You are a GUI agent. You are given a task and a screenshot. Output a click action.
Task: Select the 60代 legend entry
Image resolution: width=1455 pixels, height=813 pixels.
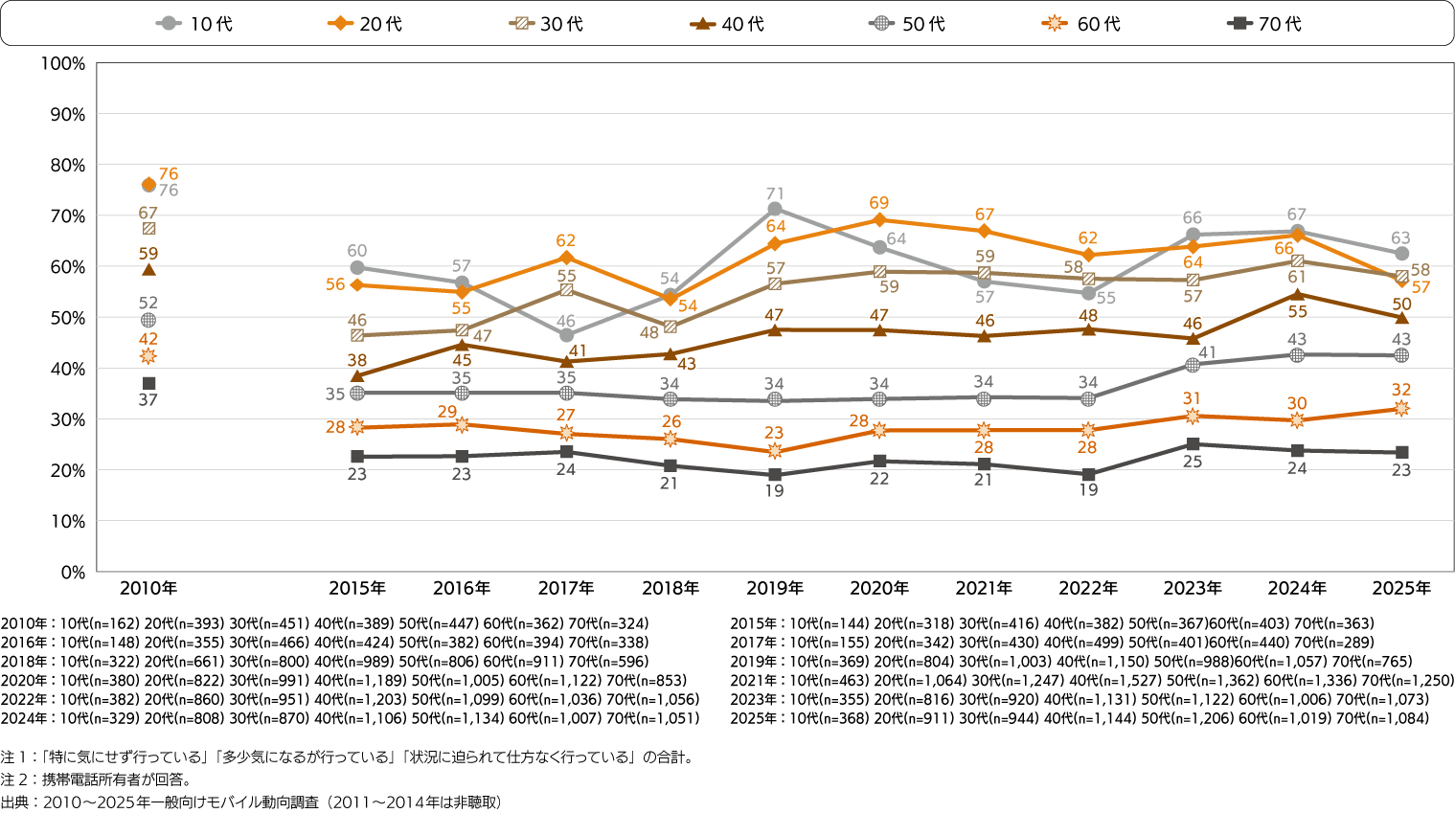pos(1081,24)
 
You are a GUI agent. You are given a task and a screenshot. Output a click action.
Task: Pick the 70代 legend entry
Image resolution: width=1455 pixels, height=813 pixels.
pos(1264,24)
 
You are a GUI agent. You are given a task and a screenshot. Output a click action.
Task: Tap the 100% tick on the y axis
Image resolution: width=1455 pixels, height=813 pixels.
pos(63,64)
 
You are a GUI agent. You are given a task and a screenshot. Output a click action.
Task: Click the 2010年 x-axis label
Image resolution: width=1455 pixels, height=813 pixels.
pos(148,588)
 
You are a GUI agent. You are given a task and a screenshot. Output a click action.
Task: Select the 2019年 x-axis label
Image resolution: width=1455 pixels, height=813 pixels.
pos(775,588)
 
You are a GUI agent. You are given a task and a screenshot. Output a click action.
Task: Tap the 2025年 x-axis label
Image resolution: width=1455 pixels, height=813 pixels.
pos(1401,588)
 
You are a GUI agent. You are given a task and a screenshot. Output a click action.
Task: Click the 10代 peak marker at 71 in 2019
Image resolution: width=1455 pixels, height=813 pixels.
pos(775,209)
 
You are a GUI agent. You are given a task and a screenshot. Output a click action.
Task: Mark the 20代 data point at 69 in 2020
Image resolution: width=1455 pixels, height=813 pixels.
pos(879,220)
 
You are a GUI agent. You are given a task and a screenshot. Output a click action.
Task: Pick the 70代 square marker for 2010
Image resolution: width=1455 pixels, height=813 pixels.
pos(148,383)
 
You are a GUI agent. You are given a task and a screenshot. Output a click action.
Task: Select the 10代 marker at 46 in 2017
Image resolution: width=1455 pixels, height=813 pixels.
pos(566,335)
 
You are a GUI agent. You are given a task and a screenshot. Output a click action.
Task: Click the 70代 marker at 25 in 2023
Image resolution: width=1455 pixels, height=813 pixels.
pos(1193,444)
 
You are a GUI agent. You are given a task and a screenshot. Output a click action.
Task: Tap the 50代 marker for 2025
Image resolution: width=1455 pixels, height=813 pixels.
pos(1401,355)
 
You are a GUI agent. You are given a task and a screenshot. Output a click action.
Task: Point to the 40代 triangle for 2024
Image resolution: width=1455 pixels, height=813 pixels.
pos(1297,295)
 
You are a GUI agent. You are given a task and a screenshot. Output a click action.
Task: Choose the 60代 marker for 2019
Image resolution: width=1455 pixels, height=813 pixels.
pos(775,451)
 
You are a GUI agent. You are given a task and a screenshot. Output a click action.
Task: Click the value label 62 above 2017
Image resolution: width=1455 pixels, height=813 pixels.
pos(565,240)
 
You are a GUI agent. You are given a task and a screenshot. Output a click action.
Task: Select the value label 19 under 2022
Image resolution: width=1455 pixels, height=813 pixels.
pos(1088,489)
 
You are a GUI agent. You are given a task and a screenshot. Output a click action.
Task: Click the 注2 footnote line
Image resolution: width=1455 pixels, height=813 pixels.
pos(96,779)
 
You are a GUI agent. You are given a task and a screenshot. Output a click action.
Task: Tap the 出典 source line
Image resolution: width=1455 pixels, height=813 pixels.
pos(251,802)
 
